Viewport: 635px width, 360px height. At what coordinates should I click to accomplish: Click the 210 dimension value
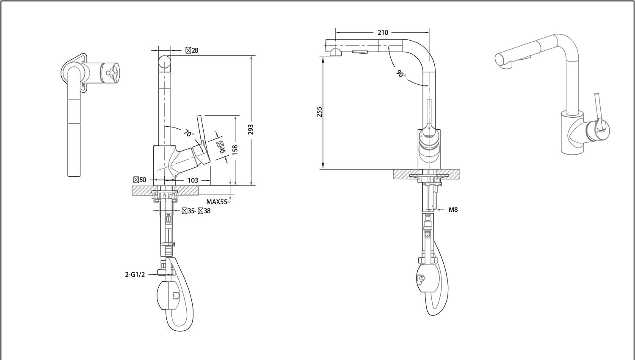click(383, 33)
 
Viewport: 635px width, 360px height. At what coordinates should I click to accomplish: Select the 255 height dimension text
click(320, 112)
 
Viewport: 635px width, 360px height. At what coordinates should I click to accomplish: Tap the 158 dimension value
click(235, 150)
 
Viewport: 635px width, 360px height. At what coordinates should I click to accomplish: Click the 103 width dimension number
click(193, 180)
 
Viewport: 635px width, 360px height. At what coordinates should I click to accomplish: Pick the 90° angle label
click(401, 74)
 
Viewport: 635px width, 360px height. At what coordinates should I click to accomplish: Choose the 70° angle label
click(189, 133)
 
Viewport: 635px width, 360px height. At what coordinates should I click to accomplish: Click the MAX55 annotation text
click(217, 202)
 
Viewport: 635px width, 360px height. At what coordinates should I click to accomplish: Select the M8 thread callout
click(453, 210)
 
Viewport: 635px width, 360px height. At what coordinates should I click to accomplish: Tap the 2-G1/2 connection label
click(135, 274)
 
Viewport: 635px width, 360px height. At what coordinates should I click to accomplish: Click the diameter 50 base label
click(140, 180)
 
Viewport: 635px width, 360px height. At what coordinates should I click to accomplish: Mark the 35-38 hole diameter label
click(196, 211)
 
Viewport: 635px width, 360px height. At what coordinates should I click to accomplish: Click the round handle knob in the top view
click(111, 73)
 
